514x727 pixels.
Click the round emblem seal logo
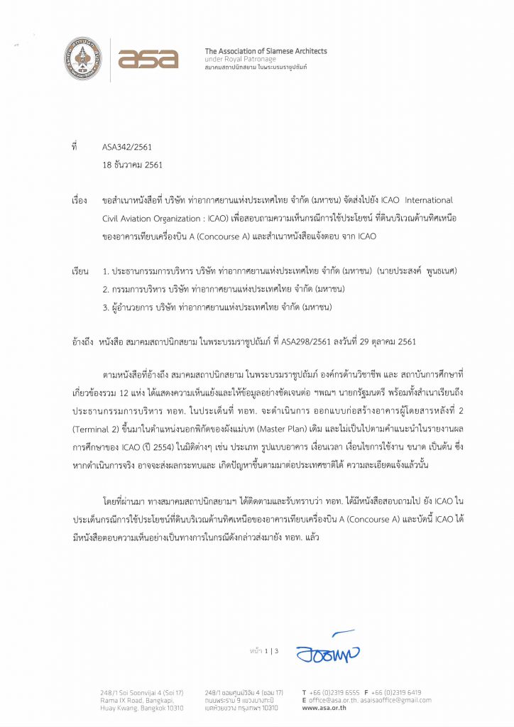[82, 59]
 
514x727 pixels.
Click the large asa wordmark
[148, 59]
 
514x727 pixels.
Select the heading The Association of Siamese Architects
[266, 51]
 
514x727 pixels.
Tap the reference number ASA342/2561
[127, 148]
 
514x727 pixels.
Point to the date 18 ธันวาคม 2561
[133, 165]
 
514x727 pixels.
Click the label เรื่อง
[80, 200]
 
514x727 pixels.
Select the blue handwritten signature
[327, 647]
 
